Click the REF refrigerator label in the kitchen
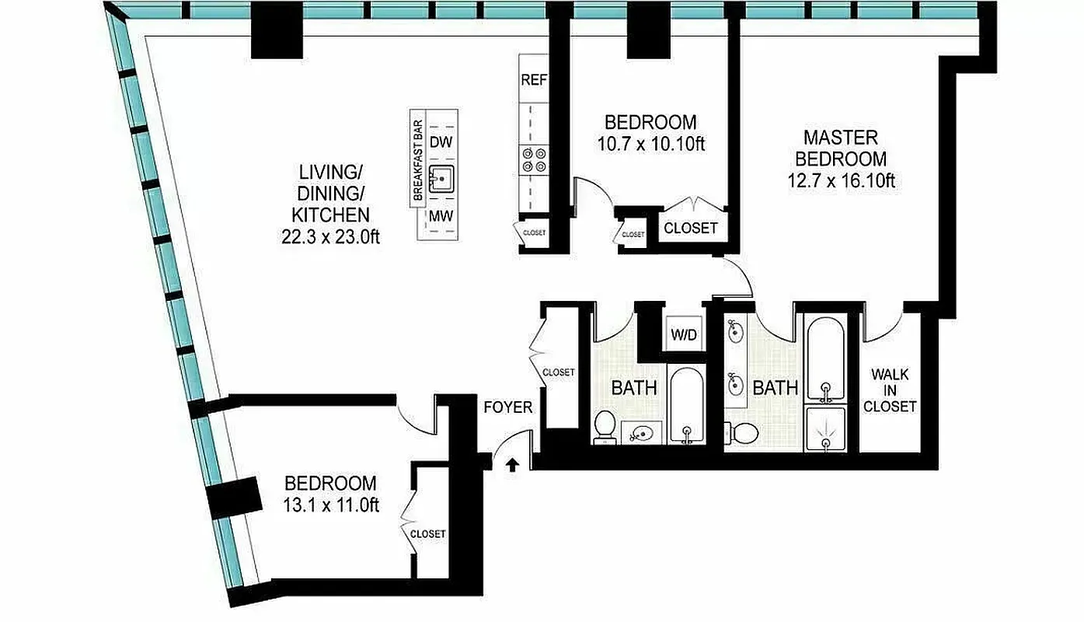click(x=533, y=79)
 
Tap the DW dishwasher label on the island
click(x=441, y=142)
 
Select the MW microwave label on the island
click(x=441, y=216)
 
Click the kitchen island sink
click(x=441, y=179)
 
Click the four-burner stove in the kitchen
click(x=533, y=159)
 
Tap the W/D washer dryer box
click(x=685, y=335)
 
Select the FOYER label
click(x=508, y=407)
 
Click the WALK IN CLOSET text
click(x=890, y=390)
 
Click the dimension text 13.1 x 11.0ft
click(x=330, y=505)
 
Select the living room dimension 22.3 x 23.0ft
click(x=330, y=237)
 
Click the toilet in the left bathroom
click(x=605, y=428)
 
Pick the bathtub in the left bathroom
click(x=687, y=405)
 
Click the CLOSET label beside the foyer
click(x=559, y=372)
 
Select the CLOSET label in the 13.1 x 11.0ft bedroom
click(x=428, y=534)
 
